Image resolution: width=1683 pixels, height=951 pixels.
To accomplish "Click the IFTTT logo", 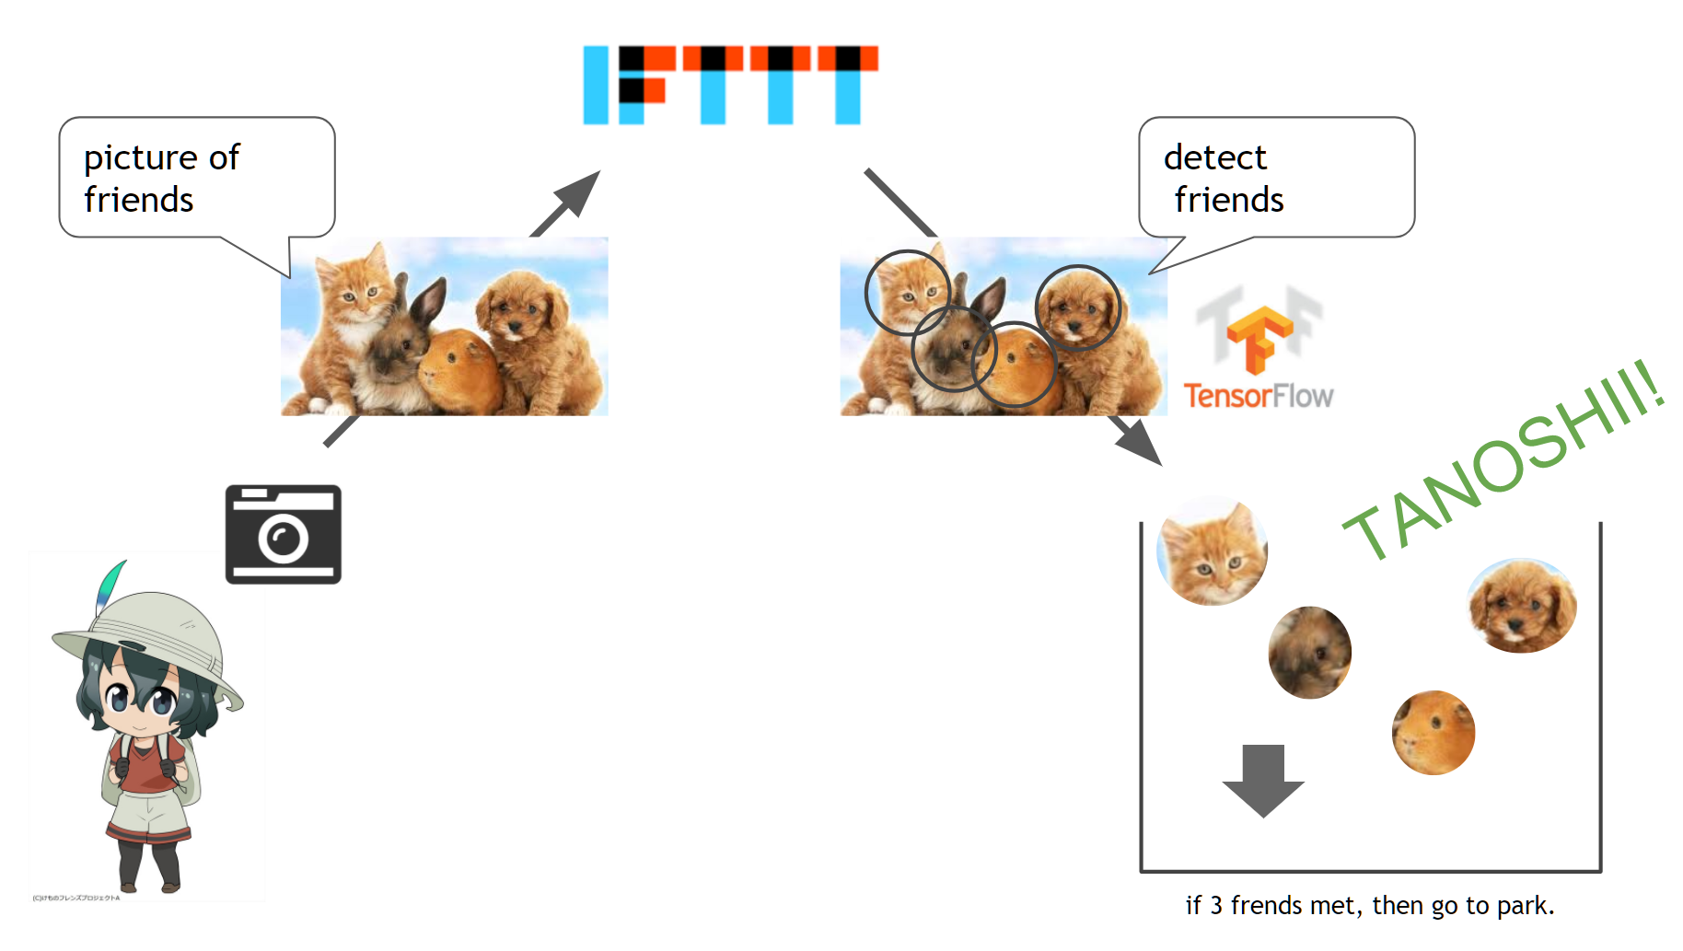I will pyautogui.click(x=730, y=85).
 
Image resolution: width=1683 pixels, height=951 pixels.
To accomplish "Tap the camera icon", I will pyautogui.click(x=283, y=534).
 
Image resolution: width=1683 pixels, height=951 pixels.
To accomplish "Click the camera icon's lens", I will pyautogui.click(x=283, y=539).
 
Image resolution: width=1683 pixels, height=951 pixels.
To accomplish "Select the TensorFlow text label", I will pyautogui.click(x=1258, y=396).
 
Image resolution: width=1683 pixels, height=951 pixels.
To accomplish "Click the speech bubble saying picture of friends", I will pyautogui.click(x=196, y=178).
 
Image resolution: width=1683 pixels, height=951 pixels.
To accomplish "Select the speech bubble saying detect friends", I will pyautogui.click(x=1276, y=178).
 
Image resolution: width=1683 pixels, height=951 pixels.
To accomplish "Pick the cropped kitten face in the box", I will pyautogui.click(x=1212, y=551).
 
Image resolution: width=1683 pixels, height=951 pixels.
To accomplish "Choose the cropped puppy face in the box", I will pyautogui.click(x=1522, y=605).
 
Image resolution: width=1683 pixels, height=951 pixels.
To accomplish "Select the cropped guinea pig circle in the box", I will pyautogui.click(x=1433, y=733).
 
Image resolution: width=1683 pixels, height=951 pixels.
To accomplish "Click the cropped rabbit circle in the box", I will pyautogui.click(x=1309, y=653).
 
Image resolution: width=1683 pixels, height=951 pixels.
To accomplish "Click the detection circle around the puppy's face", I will pyautogui.click(x=1077, y=307).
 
